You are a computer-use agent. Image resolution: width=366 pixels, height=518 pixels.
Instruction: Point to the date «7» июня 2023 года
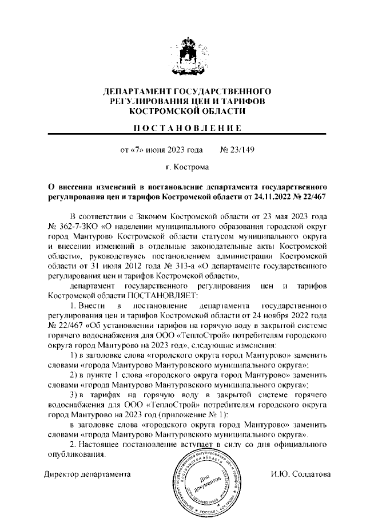point(161,151)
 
